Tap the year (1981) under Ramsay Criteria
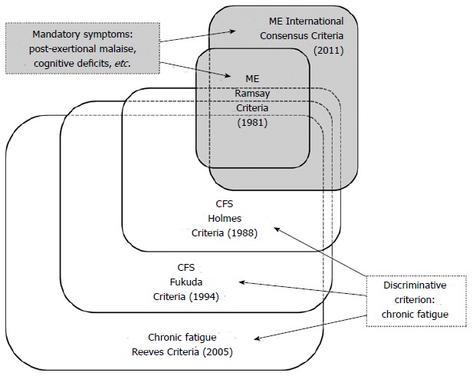pos(252,121)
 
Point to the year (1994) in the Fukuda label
pos(202,295)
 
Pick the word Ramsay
pos(252,93)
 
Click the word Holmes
pos(231,219)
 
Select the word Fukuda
pos(184,281)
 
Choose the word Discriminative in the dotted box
pos(415,285)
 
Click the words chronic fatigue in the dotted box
pos(415,313)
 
